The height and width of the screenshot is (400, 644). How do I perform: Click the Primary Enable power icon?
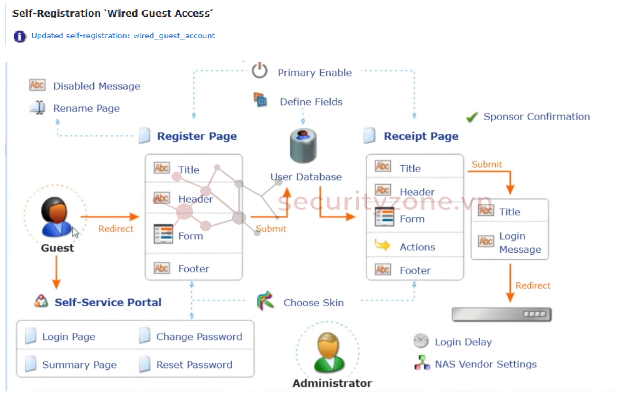259,71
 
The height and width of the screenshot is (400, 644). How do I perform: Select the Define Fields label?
311,102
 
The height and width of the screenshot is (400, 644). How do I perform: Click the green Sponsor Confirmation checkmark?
472,117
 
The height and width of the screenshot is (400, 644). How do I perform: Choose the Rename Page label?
86,108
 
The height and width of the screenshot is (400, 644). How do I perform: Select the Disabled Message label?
96,86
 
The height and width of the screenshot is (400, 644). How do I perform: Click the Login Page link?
69,337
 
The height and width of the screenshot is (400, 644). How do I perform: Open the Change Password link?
199,337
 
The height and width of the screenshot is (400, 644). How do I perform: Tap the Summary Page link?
79,365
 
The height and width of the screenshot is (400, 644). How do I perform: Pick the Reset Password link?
194,365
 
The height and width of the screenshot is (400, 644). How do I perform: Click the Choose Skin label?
313,302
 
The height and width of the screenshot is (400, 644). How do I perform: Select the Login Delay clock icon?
421,341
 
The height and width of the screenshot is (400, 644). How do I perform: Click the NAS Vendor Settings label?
486,364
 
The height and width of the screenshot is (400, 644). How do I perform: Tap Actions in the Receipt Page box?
417,247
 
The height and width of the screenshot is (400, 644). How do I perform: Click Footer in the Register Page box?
193,269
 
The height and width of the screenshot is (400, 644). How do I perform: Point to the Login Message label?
520,243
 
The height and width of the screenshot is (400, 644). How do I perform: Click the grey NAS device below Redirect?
501,314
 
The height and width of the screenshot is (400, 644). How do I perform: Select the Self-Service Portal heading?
108,302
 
